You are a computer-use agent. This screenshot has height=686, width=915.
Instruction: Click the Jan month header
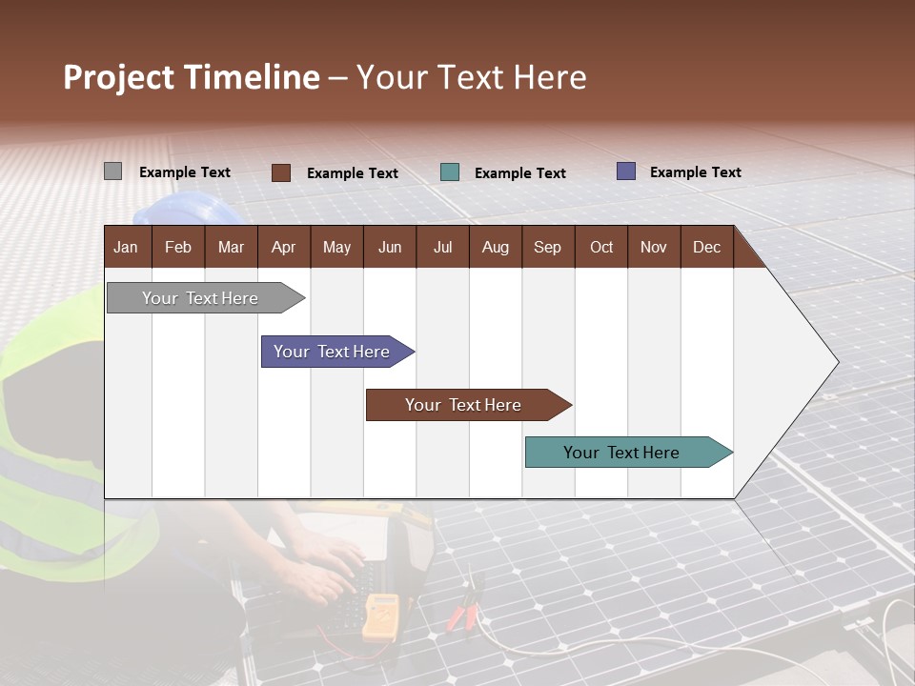(x=126, y=247)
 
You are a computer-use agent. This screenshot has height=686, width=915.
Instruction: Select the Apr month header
(x=283, y=247)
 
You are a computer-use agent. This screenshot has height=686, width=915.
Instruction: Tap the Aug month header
(x=495, y=247)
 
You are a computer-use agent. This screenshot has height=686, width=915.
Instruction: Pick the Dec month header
(x=706, y=247)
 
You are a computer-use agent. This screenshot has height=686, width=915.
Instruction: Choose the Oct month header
(x=601, y=247)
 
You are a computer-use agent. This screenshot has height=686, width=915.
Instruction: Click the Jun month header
(x=389, y=247)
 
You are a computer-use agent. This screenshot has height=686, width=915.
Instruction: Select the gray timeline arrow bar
(x=201, y=298)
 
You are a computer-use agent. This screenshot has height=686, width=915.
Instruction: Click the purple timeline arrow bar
(x=333, y=352)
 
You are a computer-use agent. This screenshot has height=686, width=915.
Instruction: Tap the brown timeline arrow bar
(x=464, y=405)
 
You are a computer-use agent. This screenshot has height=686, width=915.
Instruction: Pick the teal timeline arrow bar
(x=622, y=453)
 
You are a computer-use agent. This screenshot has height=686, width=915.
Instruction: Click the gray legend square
(x=112, y=171)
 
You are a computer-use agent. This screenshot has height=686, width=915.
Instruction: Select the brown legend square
(x=280, y=172)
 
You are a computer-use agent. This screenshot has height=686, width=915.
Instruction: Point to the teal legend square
(x=450, y=172)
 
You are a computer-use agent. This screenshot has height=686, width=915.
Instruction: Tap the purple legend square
(x=625, y=171)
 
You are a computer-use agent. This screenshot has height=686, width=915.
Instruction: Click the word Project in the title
(x=119, y=77)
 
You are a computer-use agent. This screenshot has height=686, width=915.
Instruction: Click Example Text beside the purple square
(x=695, y=172)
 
